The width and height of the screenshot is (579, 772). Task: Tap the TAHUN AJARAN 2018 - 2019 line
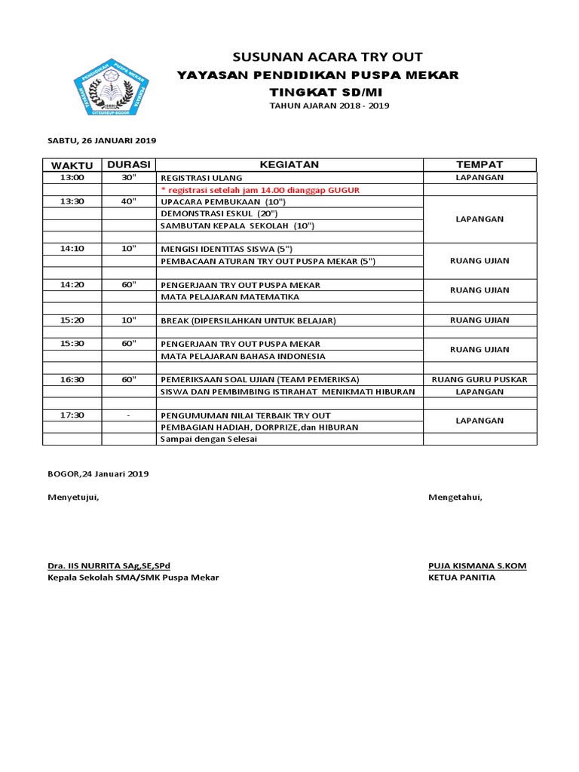click(x=329, y=106)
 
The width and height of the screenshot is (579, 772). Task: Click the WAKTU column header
click(x=72, y=165)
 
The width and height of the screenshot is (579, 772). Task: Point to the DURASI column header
click(x=129, y=164)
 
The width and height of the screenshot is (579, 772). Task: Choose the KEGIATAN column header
click(x=289, y=164)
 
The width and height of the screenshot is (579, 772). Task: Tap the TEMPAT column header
click(x=479, y=164)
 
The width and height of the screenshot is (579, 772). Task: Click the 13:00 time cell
click(x=72, y=178)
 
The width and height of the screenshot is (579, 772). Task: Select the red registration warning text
click(x=260, y=190)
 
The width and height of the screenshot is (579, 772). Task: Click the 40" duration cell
click(x=129, y=201)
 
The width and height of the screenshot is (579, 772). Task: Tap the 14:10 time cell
click(x=72, y=249)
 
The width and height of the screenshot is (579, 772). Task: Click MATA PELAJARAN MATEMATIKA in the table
click(x=229, y=296)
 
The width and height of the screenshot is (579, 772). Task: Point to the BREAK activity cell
click(x=248, y=320)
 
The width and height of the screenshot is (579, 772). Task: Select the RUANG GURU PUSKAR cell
click(x=479, y=379)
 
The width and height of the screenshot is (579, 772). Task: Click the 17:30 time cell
click(x=72, y=415)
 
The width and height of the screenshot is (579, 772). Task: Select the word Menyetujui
click(x=73, y=497)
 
